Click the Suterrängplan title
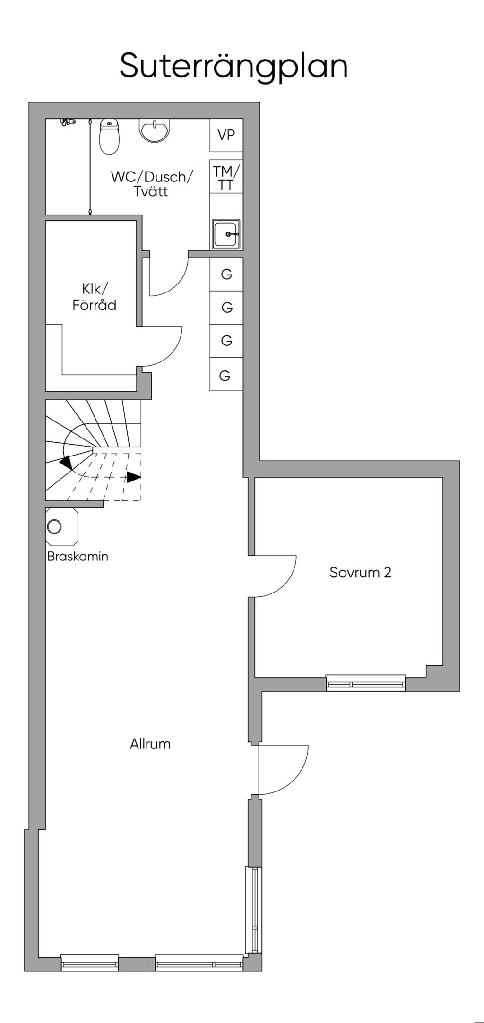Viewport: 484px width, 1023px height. point(233,66)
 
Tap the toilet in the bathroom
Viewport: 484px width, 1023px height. point(109,136)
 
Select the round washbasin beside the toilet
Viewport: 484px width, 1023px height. point(154,130)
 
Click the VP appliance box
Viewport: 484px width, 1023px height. point(226,135)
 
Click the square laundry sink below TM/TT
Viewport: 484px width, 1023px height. point(226,234)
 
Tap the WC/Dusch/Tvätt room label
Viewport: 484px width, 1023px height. point(152,184)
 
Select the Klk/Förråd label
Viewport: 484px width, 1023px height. point(94,297)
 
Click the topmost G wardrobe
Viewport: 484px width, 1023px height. point(226,274)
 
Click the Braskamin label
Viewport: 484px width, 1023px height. point(78,557)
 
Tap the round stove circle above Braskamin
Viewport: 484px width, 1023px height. point(54,526)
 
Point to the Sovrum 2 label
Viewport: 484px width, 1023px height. point(360,573)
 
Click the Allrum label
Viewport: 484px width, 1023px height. point(150,744)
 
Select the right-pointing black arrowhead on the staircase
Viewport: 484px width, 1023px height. point(134,477)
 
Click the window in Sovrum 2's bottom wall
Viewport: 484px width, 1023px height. point(366,683)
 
